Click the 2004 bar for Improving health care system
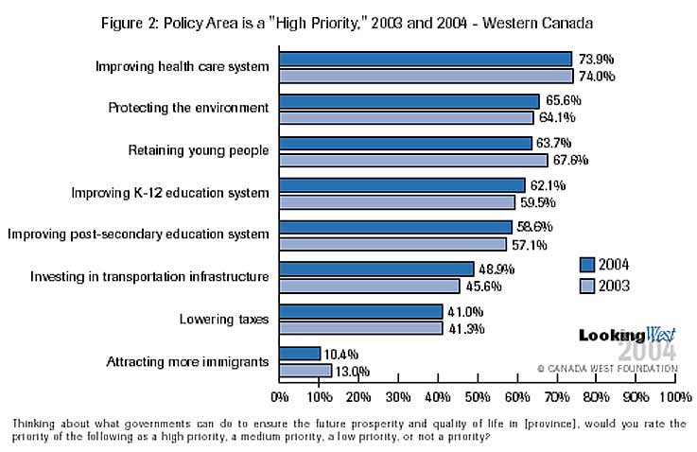tap(426, 59)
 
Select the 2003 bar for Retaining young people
tap(413, 160)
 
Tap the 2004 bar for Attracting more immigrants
tap(300, 354)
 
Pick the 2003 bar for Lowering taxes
tap(360, 328)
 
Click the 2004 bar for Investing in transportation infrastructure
tap(376, 269)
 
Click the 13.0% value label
tap(352, 372)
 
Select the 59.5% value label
tap(534, 202)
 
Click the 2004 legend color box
tap(586, 264)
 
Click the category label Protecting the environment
tap(189, 108)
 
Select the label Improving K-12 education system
tap(171, 193)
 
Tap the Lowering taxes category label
tap(224, 320)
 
